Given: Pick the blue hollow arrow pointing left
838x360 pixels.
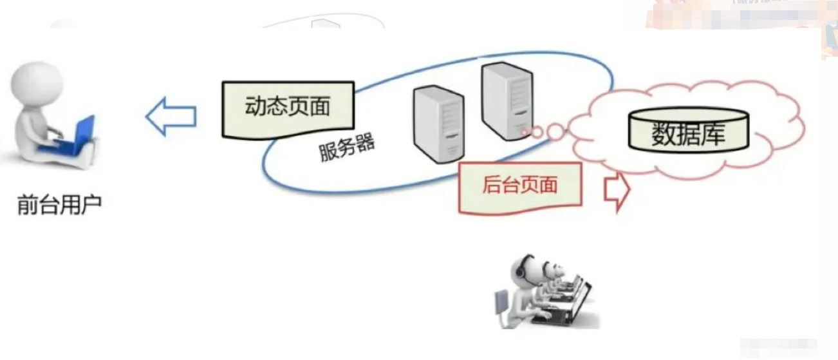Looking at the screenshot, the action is (171, 117).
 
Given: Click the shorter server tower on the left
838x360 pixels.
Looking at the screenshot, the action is (438, 122).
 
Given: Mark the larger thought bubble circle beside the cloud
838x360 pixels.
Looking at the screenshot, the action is (555, 132).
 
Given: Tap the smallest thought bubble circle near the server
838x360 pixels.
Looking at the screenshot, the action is (527, 133).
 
